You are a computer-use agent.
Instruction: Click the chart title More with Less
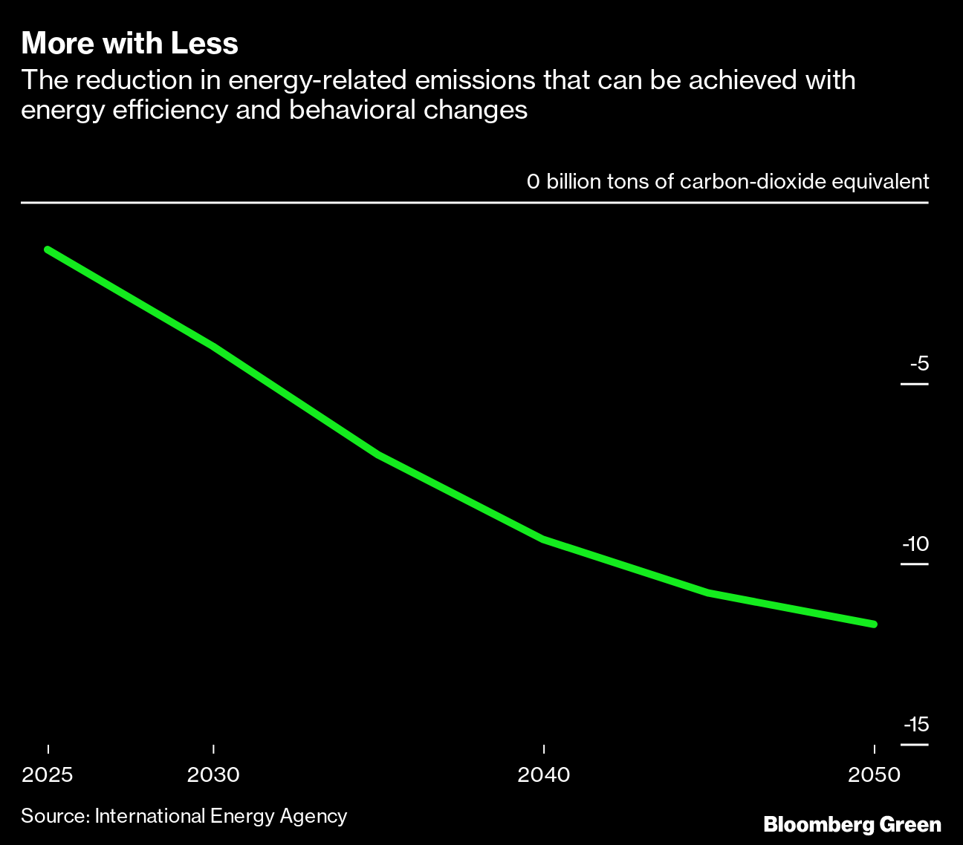129,44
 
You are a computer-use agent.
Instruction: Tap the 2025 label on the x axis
48,775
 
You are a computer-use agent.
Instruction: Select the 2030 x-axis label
213,775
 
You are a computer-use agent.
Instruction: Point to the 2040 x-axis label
544,775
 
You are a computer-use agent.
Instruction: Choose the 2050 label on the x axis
874,775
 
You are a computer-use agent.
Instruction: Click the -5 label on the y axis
919,364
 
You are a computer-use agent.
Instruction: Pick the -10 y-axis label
916,544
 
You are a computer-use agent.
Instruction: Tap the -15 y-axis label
917,725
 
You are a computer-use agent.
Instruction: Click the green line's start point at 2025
48,249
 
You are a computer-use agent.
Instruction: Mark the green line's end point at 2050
874,624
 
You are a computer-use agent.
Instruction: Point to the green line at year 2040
544,539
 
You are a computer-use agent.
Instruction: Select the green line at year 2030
213,346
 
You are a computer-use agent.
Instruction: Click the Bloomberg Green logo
852,824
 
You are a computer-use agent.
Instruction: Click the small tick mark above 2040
544,748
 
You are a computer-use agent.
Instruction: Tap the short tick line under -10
914,564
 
